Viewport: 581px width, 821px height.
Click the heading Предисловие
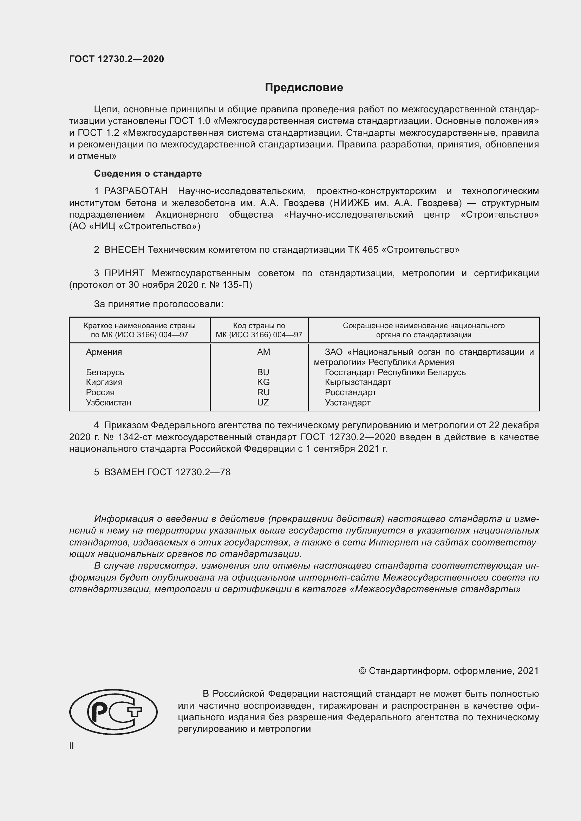[x=304, y=88]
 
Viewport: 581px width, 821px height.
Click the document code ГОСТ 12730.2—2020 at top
[x=117, y=59]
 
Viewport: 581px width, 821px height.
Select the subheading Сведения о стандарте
[x=148, y=173]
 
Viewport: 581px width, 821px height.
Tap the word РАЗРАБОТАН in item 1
[x=136, y=191]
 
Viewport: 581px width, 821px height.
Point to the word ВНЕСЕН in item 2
[x=124, y=250]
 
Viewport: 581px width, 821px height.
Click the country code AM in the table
[x=263, y=352]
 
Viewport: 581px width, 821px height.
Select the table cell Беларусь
[x=105, y=372]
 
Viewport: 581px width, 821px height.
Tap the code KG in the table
[x=263, y=382]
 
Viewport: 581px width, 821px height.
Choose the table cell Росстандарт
[x=350, y=392]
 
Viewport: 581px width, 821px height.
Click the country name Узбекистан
[x=109, y=402]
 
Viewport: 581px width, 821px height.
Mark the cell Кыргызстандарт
[x=358, y=382]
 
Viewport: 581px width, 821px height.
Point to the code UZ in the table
[x=263, y=402]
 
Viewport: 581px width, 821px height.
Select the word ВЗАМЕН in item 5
[x=124, y=472]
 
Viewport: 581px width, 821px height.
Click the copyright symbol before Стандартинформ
[x=362, y=671]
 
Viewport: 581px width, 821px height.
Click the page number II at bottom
[x=72, y=746]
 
